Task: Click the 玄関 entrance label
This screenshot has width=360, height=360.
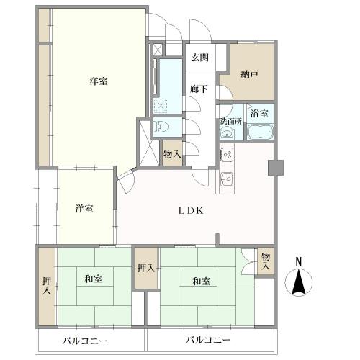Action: (x=199, y=58)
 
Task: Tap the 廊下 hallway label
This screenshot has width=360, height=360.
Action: (x=199, y=89)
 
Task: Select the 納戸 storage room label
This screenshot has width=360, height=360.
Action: (x=250, y=75)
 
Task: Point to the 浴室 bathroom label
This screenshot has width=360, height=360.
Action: (x=259, y=114)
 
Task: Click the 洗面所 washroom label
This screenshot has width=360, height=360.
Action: (x=231, y=121)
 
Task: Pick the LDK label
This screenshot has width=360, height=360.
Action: (x=191, y=211)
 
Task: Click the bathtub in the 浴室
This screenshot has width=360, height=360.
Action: (x=260, y=131)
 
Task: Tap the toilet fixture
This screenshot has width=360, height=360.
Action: (x=161, y=127)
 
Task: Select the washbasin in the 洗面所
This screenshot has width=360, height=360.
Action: (x=227, y=134)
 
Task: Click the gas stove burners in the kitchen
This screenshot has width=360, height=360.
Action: (x=227, y=154)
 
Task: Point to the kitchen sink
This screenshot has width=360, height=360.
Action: (x=227, y=179)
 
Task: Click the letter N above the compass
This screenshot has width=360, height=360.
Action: (x=298, y=261)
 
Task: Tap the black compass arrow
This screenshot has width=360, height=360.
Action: (x=299, y=282)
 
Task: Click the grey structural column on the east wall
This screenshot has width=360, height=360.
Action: (x=276, y=168)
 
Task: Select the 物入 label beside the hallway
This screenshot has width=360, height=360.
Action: (x=172, y=154)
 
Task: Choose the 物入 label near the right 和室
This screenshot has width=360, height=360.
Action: (x=266, y=261)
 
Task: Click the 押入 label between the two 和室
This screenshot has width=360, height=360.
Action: (x=146, y=268)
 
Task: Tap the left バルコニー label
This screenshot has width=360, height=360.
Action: (x=85, y=341)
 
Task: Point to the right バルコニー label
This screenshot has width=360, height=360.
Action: (x=209, y=340)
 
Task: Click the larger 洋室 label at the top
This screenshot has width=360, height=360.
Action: (x=99, y=81)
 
